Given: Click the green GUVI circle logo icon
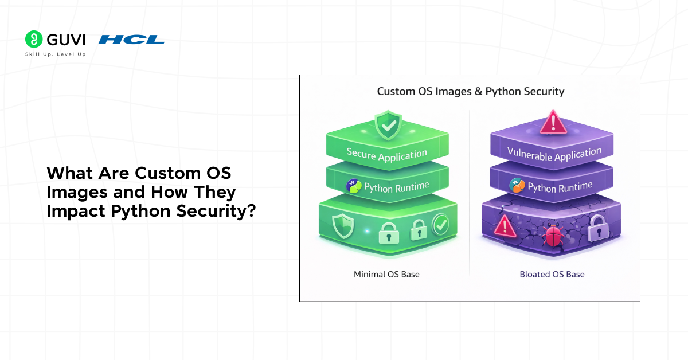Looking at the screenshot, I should coord(34,39).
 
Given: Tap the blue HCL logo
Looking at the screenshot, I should coord(131,40).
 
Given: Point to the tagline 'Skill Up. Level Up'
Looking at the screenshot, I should coord(55,54).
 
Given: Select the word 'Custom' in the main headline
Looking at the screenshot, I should coord(167,173).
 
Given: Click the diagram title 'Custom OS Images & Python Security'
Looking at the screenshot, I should coord(470,91).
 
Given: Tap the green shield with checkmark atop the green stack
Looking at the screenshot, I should coord(388,126).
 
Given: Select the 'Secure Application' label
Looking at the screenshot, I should coord(386,154).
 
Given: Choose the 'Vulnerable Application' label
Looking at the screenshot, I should coord(554,154).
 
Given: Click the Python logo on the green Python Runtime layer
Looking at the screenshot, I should coord(354,186).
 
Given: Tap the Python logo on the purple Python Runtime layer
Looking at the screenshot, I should coord(517,186).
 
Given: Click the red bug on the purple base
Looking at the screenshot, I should coord(554,234).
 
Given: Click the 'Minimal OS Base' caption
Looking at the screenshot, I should coord(386,274).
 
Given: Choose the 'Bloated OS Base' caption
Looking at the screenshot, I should coord(552,274).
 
